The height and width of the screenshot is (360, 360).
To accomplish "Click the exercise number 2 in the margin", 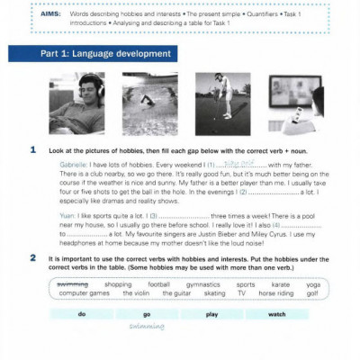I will point(33,257).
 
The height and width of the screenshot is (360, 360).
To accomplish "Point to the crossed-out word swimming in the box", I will point(73,284).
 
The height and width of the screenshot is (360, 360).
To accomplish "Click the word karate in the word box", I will point(281,284).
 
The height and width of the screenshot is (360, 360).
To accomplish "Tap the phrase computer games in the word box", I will point(84,293).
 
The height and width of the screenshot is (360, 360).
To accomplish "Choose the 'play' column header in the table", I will point(212,314).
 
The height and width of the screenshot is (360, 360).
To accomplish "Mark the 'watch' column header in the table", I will point(277,314).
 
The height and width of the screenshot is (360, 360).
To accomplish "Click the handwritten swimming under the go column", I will point(147,326).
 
